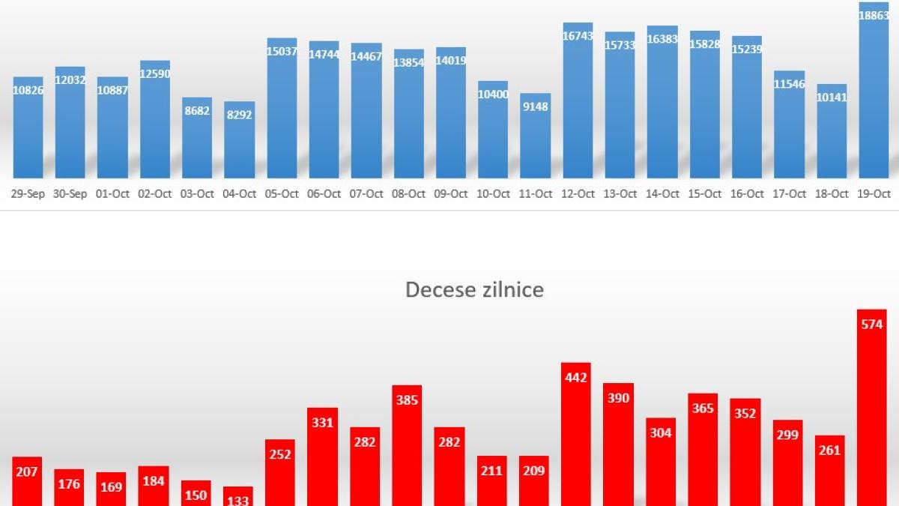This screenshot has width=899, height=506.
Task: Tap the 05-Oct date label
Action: (282, 193)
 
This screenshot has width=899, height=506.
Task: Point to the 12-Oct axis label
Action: (578, 193)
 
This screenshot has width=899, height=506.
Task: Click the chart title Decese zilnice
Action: (474, 289)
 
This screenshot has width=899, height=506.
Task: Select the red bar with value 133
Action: (238, 496)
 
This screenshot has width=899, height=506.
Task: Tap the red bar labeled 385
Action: (407, 446)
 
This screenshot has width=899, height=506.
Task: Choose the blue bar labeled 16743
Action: (578, 101)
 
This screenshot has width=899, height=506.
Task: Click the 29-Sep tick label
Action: (28, 193)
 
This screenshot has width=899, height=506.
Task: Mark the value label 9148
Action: (535, 106)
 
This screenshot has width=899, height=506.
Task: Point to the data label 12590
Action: (154, 73)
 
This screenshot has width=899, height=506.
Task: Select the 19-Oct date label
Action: (874, 193)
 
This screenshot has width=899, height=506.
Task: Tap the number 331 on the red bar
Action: (322, 423)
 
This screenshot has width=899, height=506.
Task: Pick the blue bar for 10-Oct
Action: (493, 129)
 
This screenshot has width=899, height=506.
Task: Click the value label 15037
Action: (282, 52)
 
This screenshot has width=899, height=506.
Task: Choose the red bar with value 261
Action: (829, 471)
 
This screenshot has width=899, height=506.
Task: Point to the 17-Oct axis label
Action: (789, 193)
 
